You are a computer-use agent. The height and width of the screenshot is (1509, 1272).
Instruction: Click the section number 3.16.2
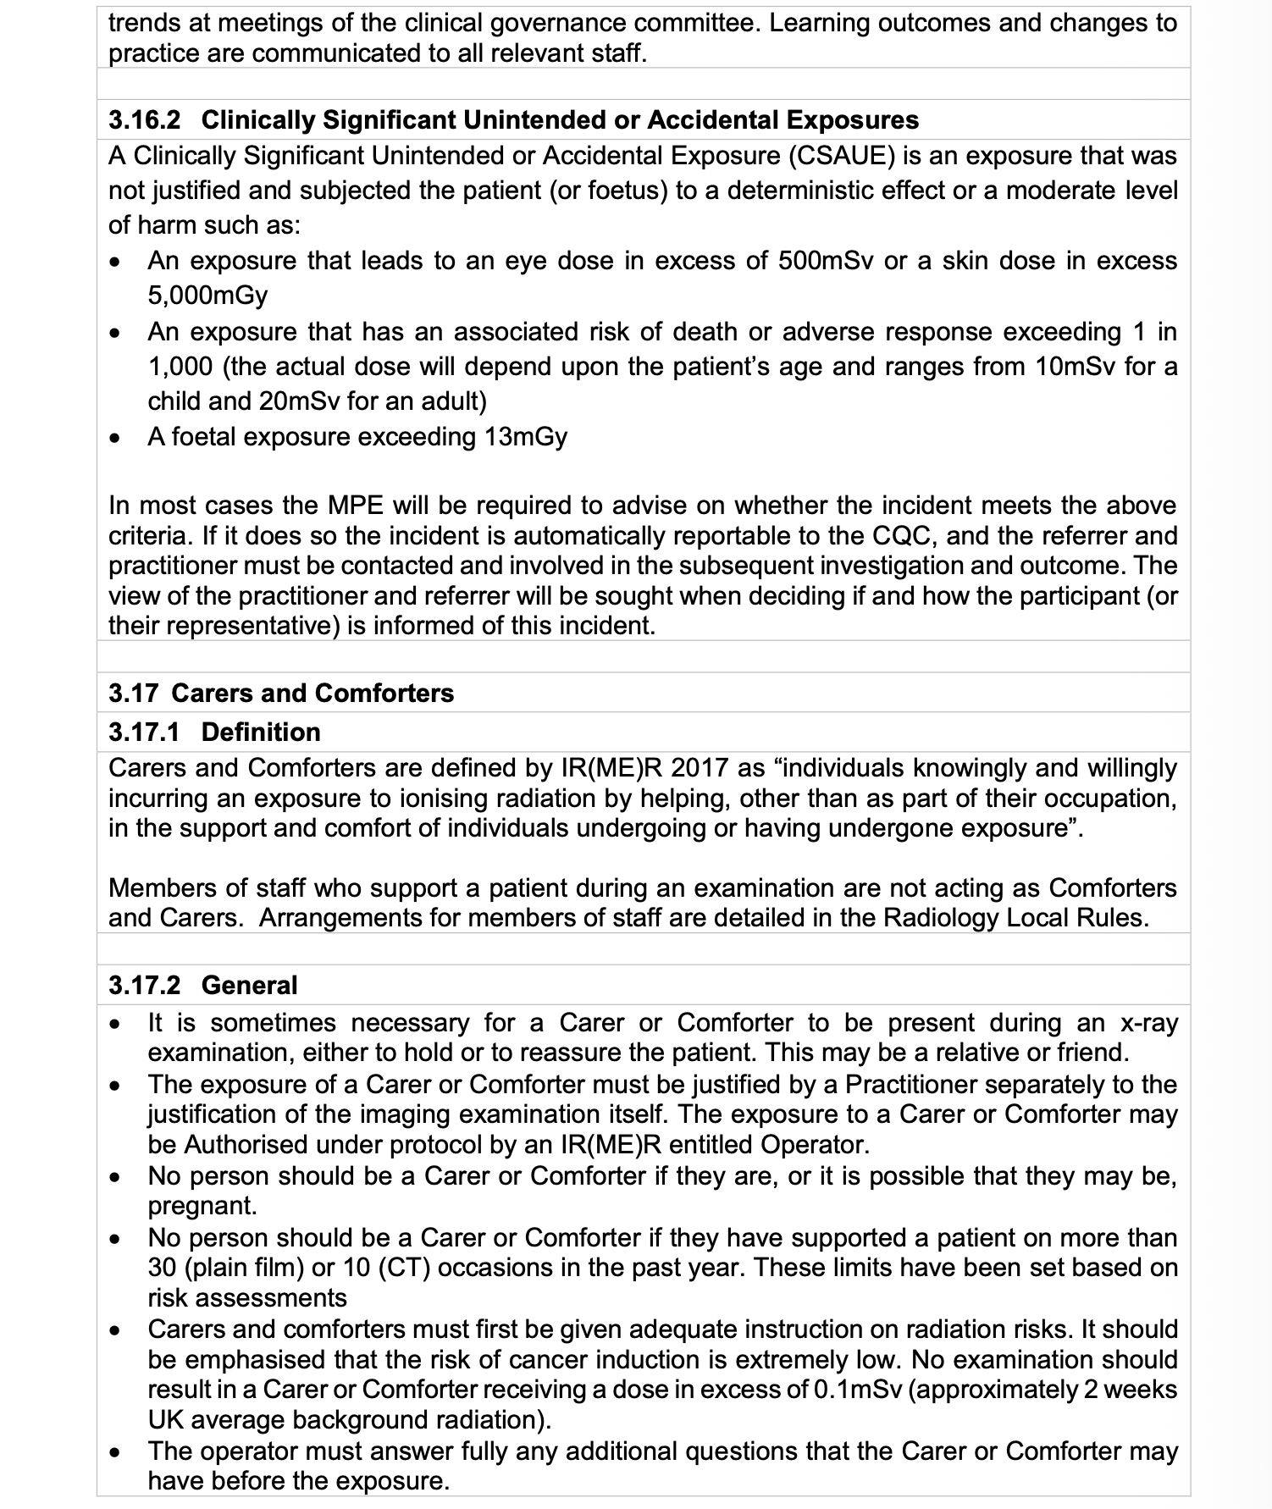pos(145,120)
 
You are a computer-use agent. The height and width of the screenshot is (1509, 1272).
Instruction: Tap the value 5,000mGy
pos(207,296)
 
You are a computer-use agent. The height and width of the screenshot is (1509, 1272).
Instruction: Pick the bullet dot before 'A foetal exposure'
pos(117,439)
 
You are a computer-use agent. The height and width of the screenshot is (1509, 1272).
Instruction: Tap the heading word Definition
pos(261,732)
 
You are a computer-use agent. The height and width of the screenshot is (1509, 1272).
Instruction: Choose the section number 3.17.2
pos(145,986)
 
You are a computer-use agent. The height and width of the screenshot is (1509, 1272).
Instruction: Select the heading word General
pos(250,986)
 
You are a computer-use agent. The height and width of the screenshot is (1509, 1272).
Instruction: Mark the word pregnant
pos(202,1206)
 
